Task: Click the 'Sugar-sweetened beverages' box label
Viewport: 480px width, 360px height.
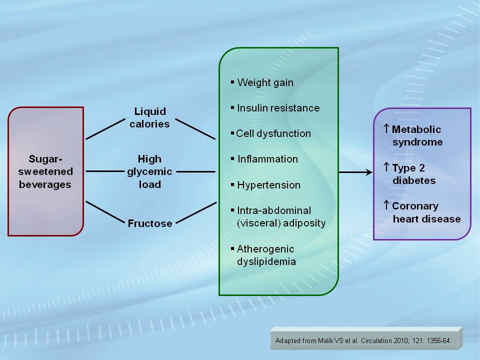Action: pos(45,171)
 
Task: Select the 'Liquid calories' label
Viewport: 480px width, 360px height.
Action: pos(150,117)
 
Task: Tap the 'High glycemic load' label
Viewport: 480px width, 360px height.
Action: pos(150,171)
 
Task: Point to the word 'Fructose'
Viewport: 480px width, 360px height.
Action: pos(150,223)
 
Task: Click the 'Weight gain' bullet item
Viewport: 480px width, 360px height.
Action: pos(265,82)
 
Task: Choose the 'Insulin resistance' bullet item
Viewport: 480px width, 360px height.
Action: pos(278,108)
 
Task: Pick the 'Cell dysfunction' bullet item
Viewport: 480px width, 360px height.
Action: pos(273,133)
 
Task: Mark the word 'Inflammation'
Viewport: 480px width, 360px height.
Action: pos(267,159)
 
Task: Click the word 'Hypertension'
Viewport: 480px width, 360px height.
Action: pos(268,185)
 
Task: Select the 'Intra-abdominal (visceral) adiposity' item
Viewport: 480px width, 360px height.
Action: pos(280,217)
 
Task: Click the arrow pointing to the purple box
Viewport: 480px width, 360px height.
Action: pos(355,172)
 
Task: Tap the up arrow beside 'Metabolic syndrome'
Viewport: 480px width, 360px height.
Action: pos(386,128)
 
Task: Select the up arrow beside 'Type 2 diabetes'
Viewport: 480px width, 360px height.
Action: pos(386,167)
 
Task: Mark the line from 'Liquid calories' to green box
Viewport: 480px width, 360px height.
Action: pos(195,128)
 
